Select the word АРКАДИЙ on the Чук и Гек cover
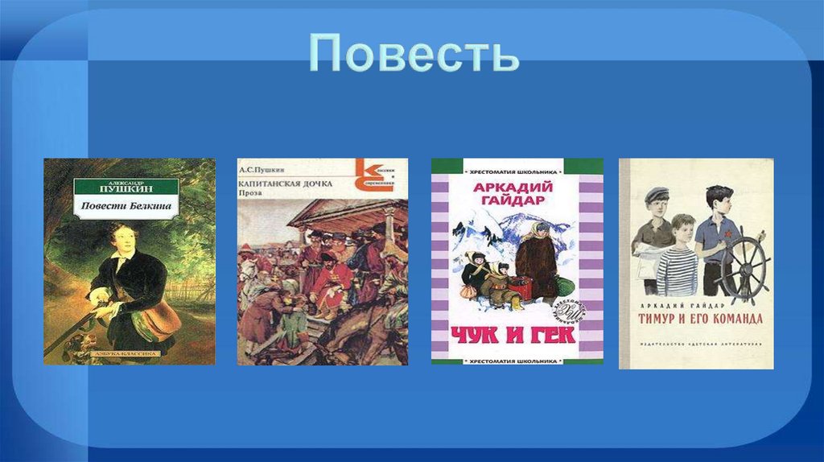pyautogui.click(x=517, y=187)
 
